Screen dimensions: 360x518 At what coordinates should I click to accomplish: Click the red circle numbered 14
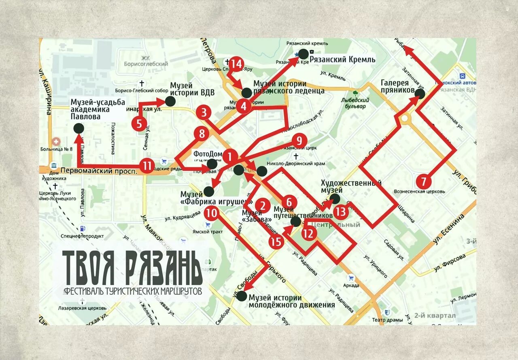tap(236, 64)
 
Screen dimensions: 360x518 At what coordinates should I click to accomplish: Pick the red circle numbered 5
tap(139, 123)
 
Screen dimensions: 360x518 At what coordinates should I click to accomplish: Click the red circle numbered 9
tap(297, 141)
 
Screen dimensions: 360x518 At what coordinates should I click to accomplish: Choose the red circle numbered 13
tap(341, 211)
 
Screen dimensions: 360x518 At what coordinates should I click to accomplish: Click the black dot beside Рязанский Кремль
tap(303, 53)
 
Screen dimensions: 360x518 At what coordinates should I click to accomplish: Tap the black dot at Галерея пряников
tap(420, 94)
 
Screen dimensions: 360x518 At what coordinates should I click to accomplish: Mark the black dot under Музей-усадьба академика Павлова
tap(79, 129)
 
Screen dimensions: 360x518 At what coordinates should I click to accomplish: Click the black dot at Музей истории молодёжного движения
tap(242, 296)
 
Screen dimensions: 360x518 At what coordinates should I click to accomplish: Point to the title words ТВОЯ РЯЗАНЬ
tap(132, 268)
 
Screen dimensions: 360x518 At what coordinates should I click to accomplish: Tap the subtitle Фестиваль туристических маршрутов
tap(132, 291)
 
